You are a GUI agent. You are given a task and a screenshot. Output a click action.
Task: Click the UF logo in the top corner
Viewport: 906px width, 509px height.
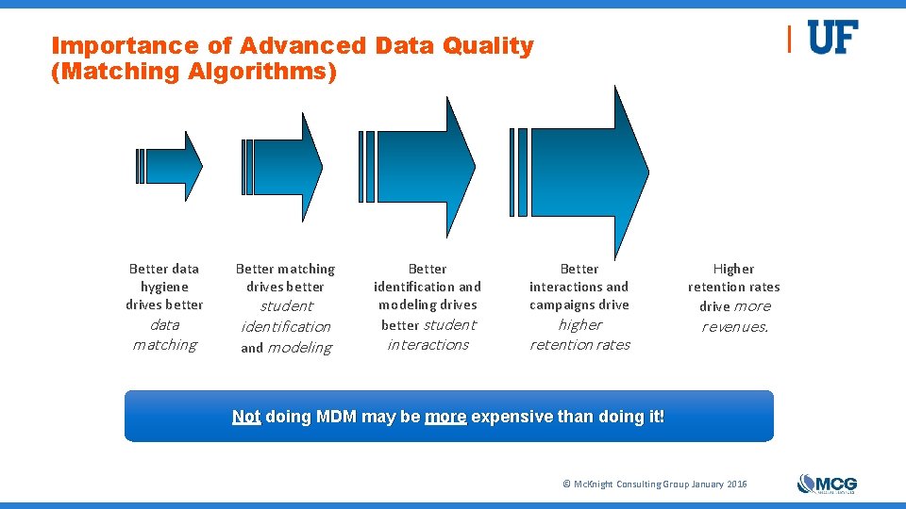[x=832, y=38]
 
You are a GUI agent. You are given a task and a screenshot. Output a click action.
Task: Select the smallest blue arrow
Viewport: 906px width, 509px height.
[x=174, y=166]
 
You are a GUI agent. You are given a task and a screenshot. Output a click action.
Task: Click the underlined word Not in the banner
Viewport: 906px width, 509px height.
[x=246, y=416]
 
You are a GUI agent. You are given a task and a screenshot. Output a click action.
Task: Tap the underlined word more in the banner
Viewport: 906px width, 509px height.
[x=445, y=416]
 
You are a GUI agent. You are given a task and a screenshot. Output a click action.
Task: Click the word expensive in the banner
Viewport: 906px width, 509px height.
[x=508, y=416]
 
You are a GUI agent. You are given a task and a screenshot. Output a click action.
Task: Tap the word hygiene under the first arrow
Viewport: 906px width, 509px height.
[x=164, y=287]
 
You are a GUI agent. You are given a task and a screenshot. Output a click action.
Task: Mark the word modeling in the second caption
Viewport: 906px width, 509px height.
[x=299, y=347]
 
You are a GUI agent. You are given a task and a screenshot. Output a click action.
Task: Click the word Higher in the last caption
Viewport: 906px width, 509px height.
[x=733, y=269]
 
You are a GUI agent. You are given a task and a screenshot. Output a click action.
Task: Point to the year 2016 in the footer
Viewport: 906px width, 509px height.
[x=736, y=484]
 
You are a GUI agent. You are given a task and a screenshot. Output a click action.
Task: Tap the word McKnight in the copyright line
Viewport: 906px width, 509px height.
[x=592, y=484]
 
